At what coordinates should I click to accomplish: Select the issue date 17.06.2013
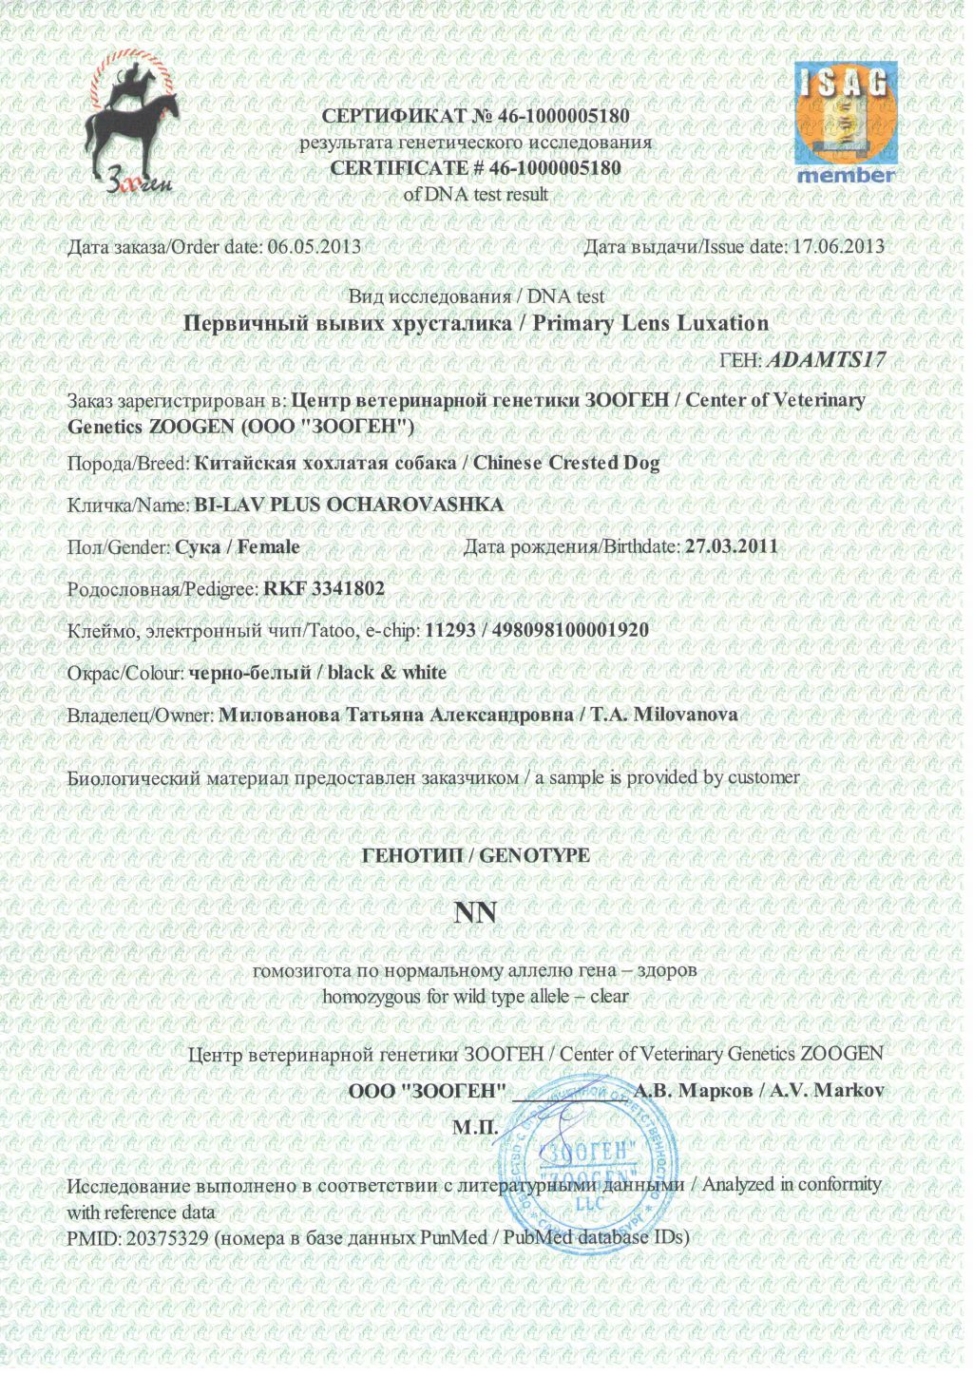pos(838,246)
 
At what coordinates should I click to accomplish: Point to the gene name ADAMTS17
pos(825,360)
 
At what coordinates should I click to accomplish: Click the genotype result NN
pos(475,913)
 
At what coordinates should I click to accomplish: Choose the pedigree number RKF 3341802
pos(324,589)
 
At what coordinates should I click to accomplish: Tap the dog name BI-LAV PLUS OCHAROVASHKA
pos(349,505)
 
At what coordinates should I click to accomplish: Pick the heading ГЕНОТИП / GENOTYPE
pos(476,855)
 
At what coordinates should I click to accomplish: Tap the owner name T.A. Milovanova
pos(664,715)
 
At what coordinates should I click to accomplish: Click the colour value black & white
pos(387,673)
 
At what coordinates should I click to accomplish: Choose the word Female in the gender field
pos(269,547)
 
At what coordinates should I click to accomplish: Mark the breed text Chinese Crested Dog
pos(566,463)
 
